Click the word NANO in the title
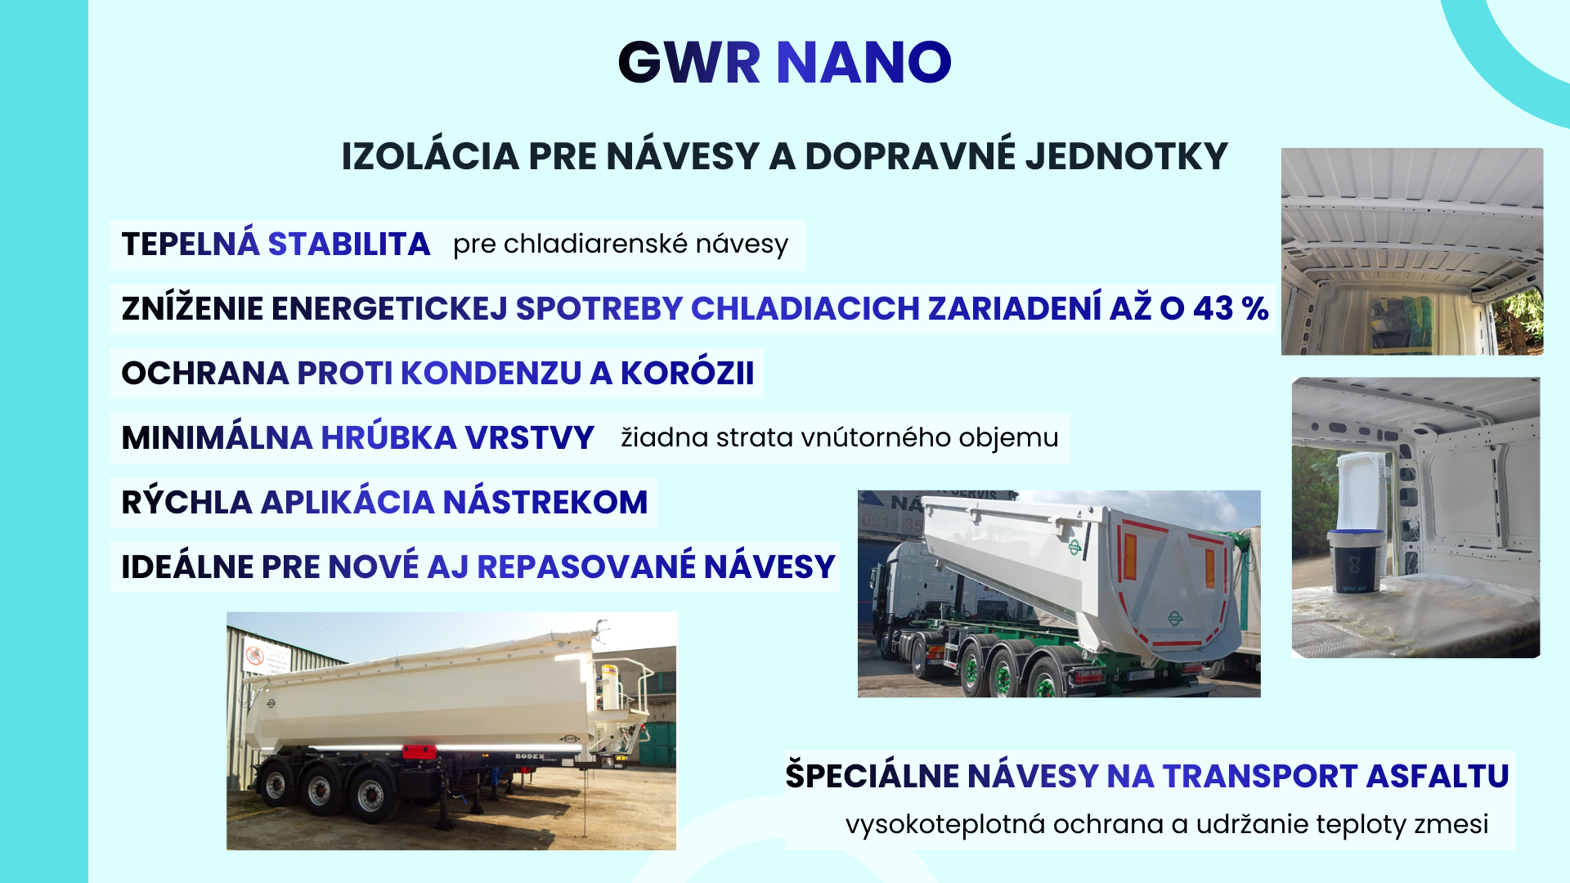[x=863, y=62]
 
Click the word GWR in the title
[x=689, y=62]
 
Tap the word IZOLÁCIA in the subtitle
[x=430, y=155]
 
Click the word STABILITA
[x=349, y=244]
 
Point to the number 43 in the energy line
[x=1213, y=308]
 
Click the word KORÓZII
[x=687, y=373]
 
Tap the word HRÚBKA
[x=388, y=437]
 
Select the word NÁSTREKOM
[x=545, y=502]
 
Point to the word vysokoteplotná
[x=945, y=824]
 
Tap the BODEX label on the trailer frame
[x=529, y=756]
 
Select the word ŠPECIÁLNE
[x=872, y=774]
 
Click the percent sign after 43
[x=1254, y=308]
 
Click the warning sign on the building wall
[x=255, y=656]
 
